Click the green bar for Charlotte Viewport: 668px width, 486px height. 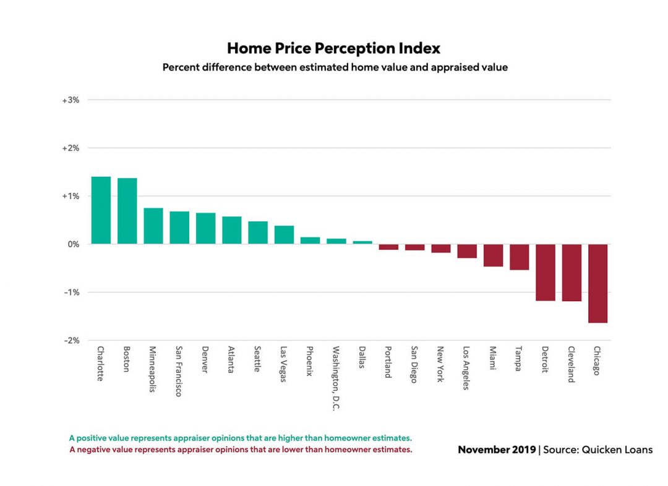coord(101,210)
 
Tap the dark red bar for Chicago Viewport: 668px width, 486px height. coord(597,283)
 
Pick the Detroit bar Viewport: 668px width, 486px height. coord(546,272)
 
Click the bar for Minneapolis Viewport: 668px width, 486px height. coord(153,226)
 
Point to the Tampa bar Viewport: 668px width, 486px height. coord(520,257)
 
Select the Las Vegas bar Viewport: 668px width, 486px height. coord(284,235)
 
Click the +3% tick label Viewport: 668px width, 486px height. coord(71,100)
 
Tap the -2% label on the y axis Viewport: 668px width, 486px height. coord(71,341)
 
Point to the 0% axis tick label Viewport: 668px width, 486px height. coord(73,244)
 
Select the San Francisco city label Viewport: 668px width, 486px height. coord(179,371)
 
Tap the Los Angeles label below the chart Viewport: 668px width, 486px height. coord(466,368)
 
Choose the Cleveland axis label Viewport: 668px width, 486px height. coord(571,364)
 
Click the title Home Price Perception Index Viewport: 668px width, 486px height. coord(333,48)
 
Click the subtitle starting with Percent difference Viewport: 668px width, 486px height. coord(335,67)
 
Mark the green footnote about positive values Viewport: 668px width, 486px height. coord(240,438)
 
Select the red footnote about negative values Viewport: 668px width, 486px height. coord(241,450)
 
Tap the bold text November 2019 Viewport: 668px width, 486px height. coord(497,450)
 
